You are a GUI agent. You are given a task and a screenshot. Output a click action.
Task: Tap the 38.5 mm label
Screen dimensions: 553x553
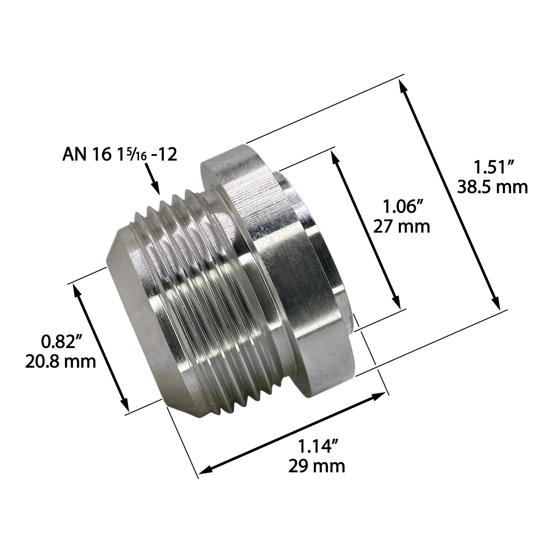point(492,187)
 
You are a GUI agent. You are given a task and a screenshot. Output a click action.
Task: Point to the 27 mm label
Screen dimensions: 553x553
point(402,227)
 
